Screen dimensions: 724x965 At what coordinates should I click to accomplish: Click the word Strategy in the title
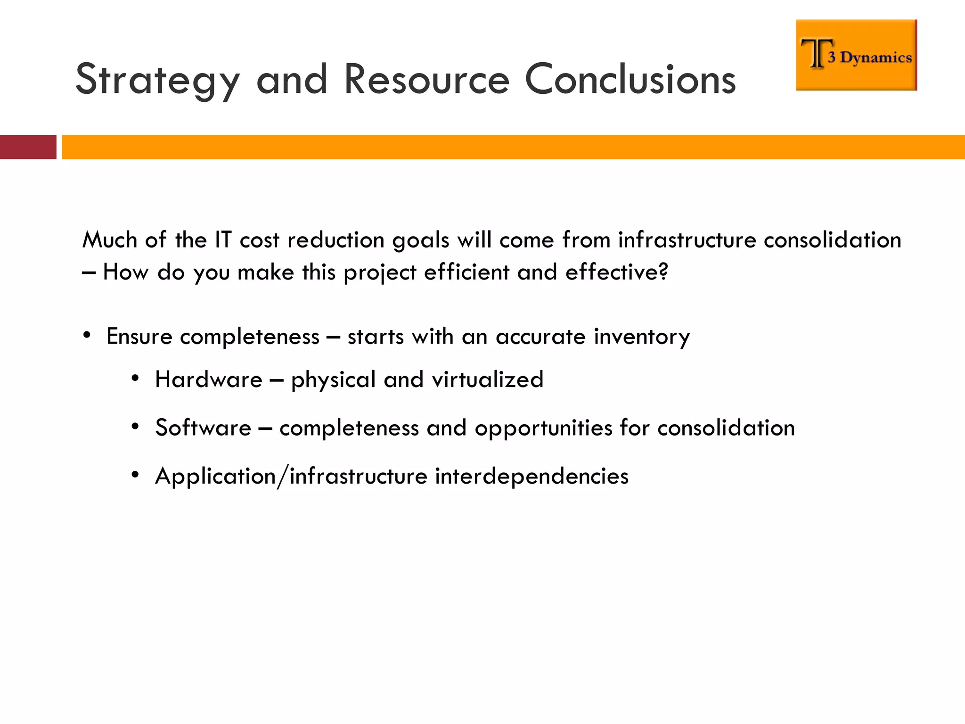point(158,80)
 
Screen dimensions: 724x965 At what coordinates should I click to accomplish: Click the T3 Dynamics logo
point(856,55)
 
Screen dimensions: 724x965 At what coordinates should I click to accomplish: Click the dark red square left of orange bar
point(28,147)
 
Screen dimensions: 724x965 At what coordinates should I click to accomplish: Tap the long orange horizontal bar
point(513,147)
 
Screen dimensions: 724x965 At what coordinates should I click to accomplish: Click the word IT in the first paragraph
point(223,240)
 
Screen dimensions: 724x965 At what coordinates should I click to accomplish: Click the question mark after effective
point(663,271)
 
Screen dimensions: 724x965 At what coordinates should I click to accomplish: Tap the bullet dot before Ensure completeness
point(86,336)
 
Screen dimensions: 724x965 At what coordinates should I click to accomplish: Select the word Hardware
point(209,380)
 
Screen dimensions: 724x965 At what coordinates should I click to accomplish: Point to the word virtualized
point(487,380)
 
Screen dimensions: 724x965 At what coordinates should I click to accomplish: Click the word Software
point(204,428)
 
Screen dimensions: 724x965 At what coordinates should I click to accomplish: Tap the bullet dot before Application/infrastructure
point(135,475)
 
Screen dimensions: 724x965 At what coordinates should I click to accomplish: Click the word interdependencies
point(532,477)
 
